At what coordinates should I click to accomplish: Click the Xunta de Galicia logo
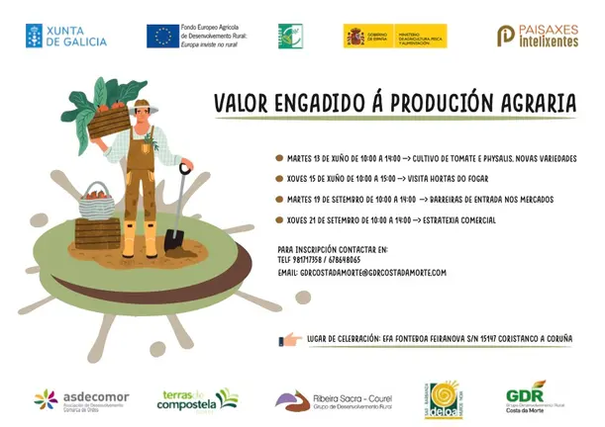[x=66, y=36]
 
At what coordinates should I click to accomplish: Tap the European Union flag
[x=163, y=37]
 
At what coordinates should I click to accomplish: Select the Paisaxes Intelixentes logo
[x=537, y=36]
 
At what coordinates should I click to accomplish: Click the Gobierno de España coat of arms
[x=354, y=37]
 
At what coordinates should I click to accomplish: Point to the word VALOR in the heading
[x=242, y=103]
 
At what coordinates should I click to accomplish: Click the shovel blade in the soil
[x=175, y=237]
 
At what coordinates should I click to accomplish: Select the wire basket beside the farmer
[x=97, y=202]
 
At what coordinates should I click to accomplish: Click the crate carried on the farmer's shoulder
[x=106, y=124]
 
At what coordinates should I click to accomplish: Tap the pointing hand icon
[x=291, y=338]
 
